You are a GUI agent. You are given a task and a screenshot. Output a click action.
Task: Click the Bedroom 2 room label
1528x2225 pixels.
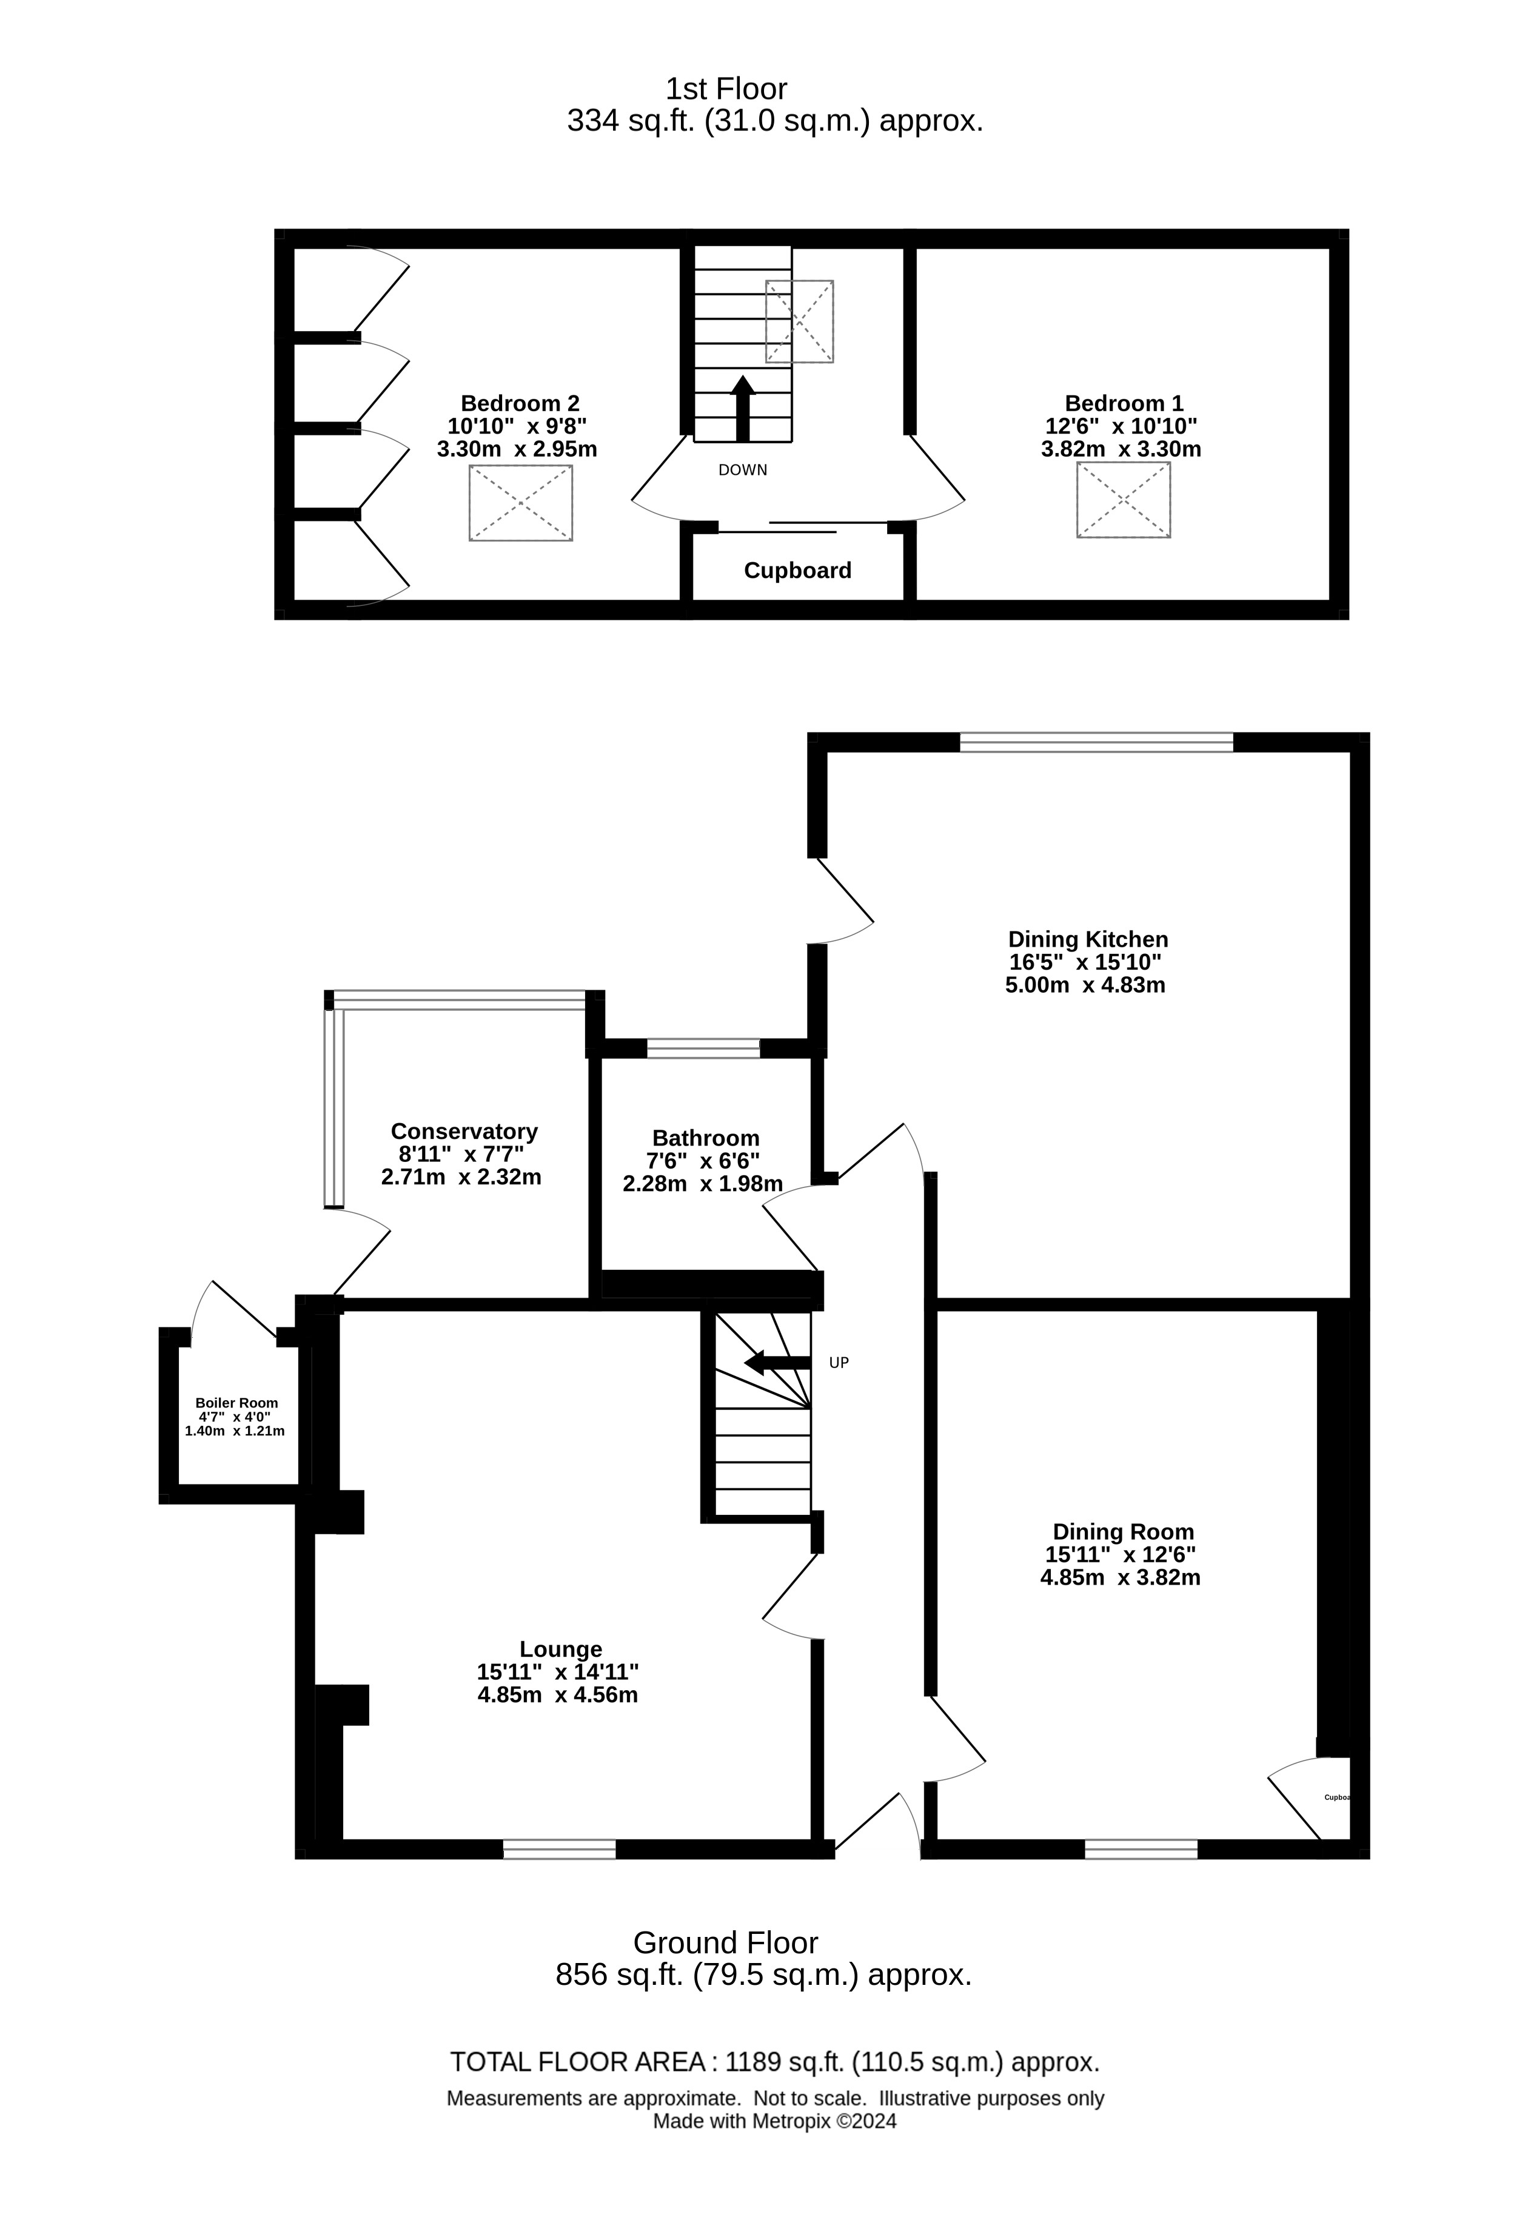click(520, 403)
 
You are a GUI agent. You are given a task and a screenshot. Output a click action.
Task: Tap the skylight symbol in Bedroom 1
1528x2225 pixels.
click(1123, 500)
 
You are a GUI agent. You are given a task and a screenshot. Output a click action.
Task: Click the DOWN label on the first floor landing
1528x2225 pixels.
click(743, 470)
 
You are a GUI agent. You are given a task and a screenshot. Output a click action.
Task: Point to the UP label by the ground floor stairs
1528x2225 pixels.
click(839, 1363)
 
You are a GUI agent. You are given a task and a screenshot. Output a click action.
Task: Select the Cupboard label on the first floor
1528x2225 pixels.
click(797, 571)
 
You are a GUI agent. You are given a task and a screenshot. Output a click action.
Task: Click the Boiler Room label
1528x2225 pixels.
click(236, 1403)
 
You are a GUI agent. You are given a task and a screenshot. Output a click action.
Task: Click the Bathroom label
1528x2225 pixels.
click(706, 1138)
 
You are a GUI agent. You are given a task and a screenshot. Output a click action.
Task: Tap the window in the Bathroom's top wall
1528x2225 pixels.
click(704, 1049)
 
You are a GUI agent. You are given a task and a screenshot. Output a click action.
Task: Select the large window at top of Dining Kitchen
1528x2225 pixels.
click(1097, 742)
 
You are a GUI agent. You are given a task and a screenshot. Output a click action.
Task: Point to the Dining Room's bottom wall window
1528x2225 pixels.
click(1141, 1849)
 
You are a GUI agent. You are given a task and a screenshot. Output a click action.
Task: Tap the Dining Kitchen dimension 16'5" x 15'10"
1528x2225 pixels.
click(1086, 962)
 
